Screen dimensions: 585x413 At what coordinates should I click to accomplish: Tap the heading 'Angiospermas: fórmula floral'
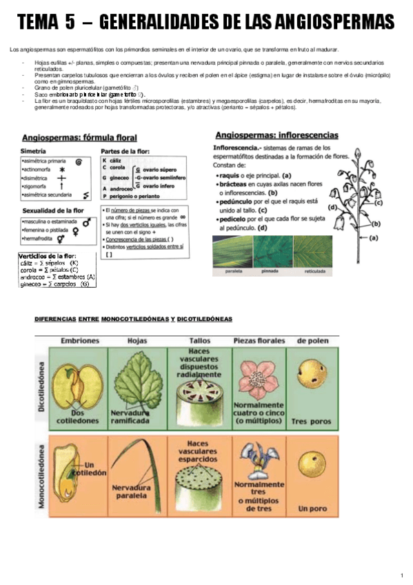(x=79, y=137)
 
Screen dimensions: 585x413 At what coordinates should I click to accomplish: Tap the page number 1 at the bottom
(x=402, y=575)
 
